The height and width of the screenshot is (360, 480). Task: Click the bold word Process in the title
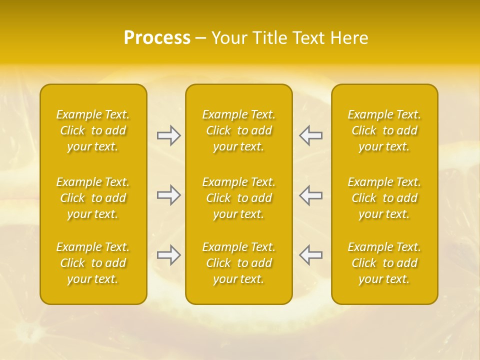157,38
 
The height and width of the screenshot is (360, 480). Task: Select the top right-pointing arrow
168,135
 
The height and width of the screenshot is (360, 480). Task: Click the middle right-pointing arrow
168,195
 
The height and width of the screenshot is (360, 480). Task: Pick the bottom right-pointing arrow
168,255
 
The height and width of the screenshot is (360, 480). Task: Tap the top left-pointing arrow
310,135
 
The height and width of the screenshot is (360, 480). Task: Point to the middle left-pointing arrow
310,195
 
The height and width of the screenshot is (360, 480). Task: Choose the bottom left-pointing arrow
310,255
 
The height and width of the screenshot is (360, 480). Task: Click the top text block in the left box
93,130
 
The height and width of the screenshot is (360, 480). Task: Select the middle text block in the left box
93,198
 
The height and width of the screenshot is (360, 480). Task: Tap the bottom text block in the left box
93,263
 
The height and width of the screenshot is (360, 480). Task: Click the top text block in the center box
238,130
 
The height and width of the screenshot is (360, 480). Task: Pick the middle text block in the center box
238,198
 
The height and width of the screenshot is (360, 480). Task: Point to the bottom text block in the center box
238,263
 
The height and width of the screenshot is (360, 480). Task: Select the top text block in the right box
384,130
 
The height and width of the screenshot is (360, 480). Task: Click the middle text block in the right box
384,198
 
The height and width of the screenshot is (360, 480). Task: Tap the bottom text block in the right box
384,263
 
